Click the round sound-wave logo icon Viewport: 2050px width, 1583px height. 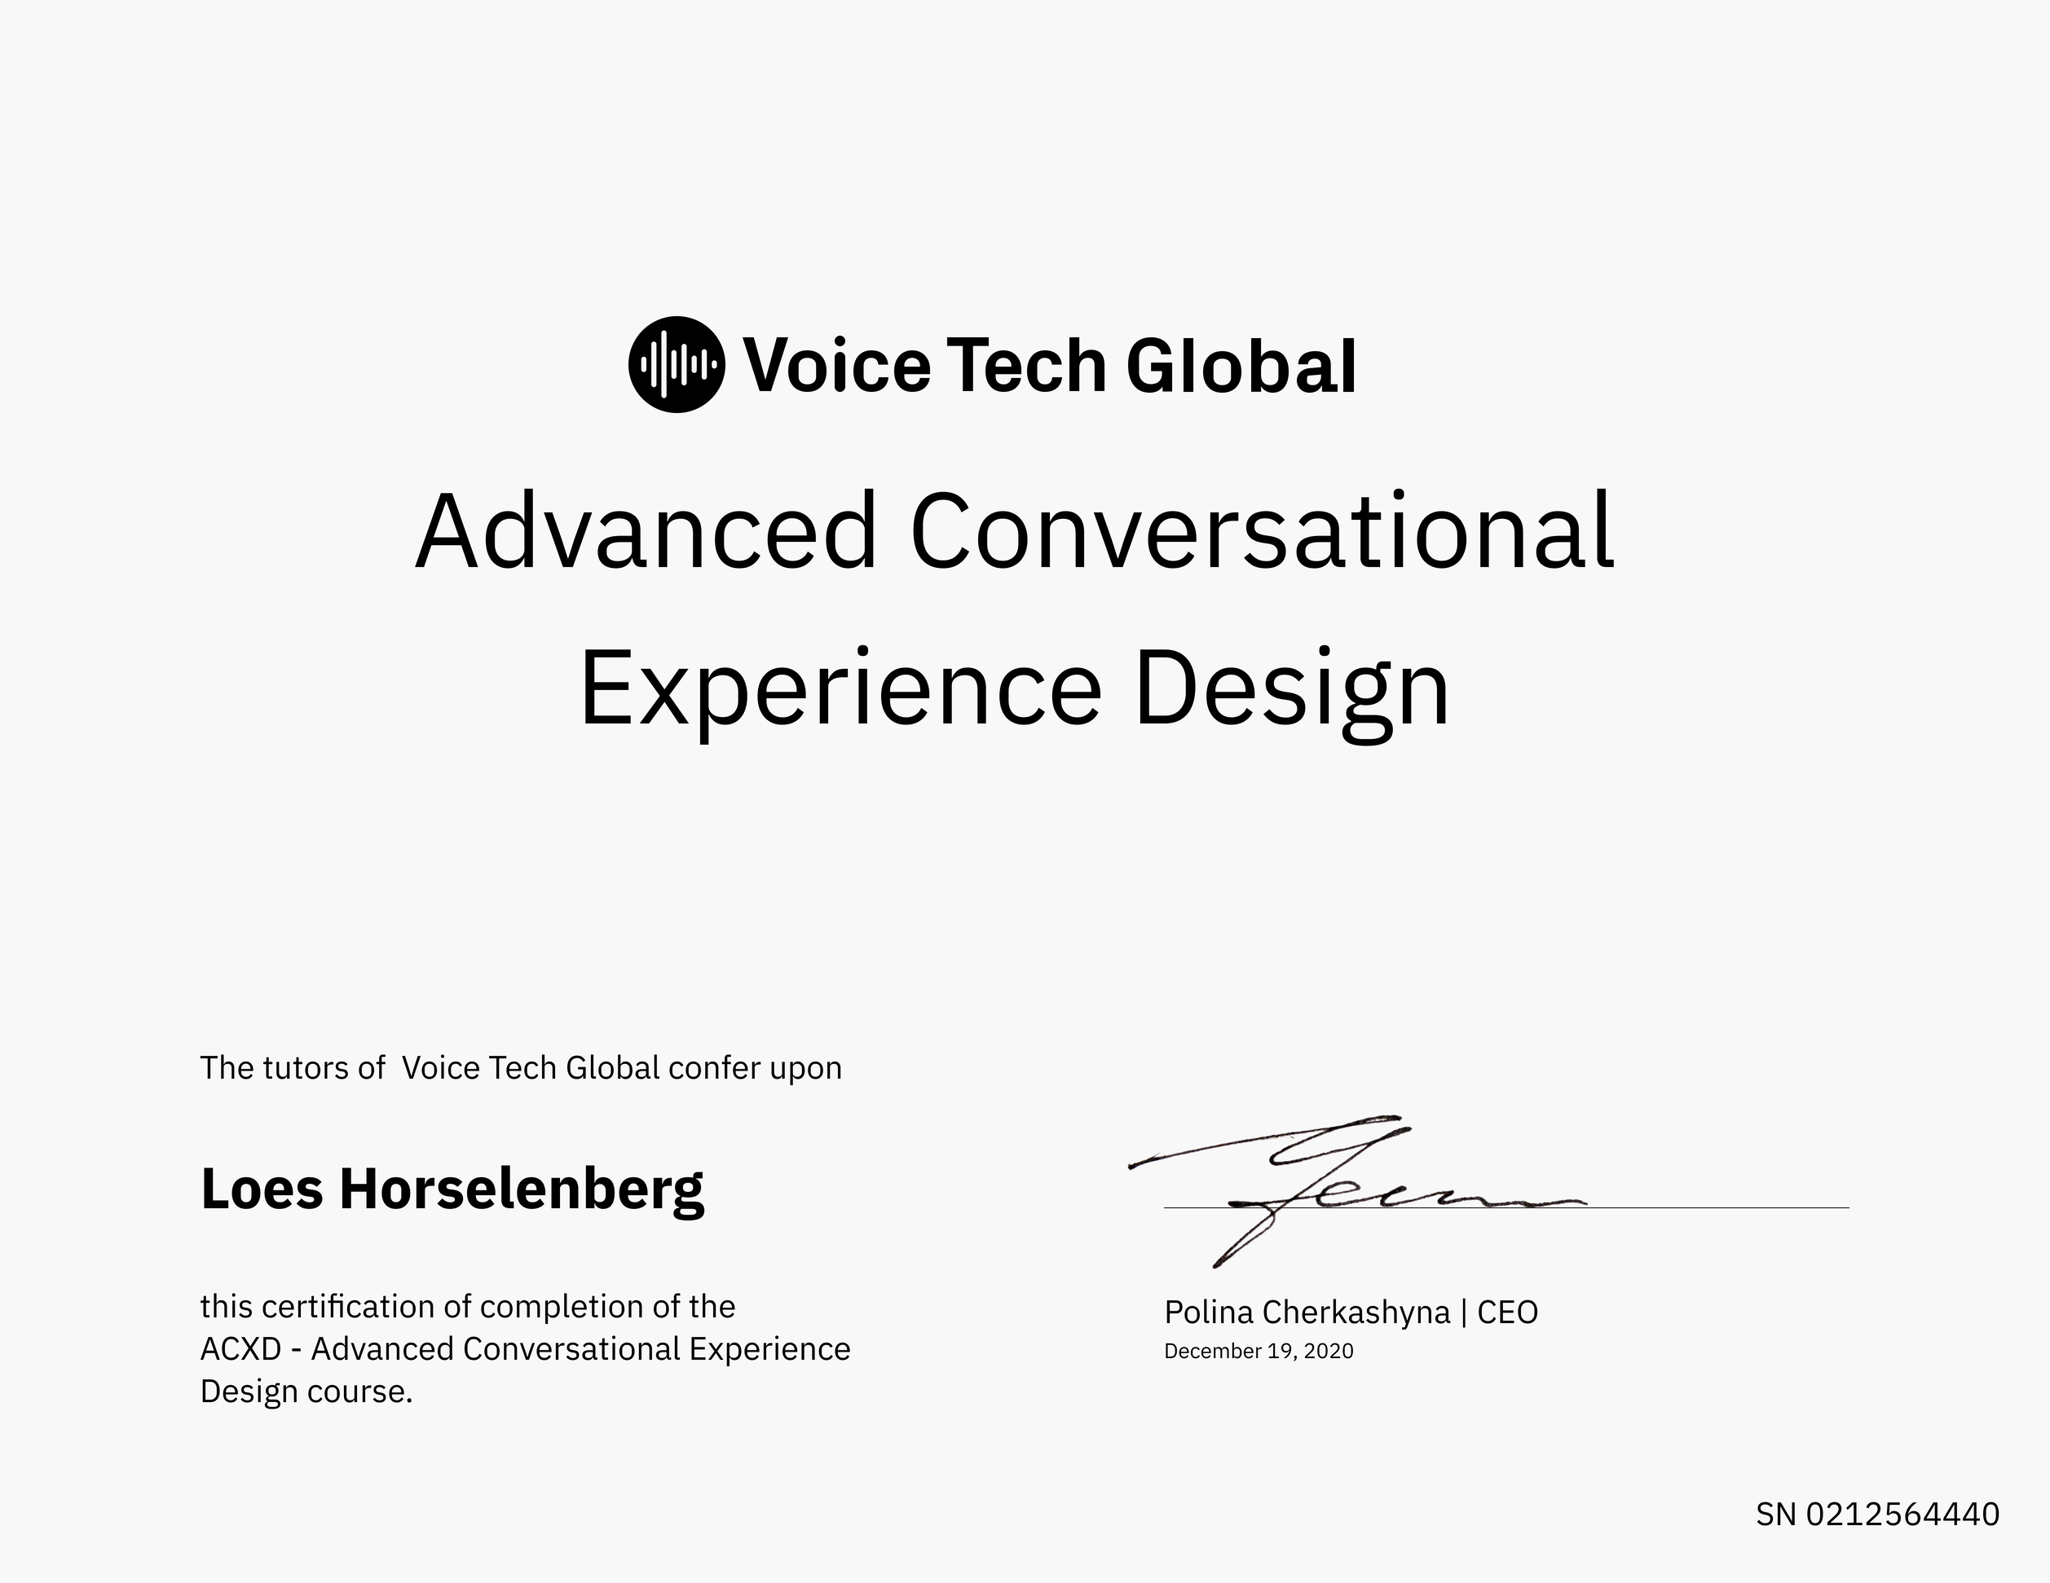(676, 364)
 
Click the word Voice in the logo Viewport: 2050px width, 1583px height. (836, 365)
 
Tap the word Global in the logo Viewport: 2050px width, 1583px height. (1241, 365)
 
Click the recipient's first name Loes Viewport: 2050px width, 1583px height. (262, 1188)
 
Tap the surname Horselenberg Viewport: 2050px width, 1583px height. (522, 1189)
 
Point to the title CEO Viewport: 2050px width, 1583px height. (1507, 1312)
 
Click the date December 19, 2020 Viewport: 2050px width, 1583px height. (1259, 1352)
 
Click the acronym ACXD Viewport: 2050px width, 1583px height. (241, 1348)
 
